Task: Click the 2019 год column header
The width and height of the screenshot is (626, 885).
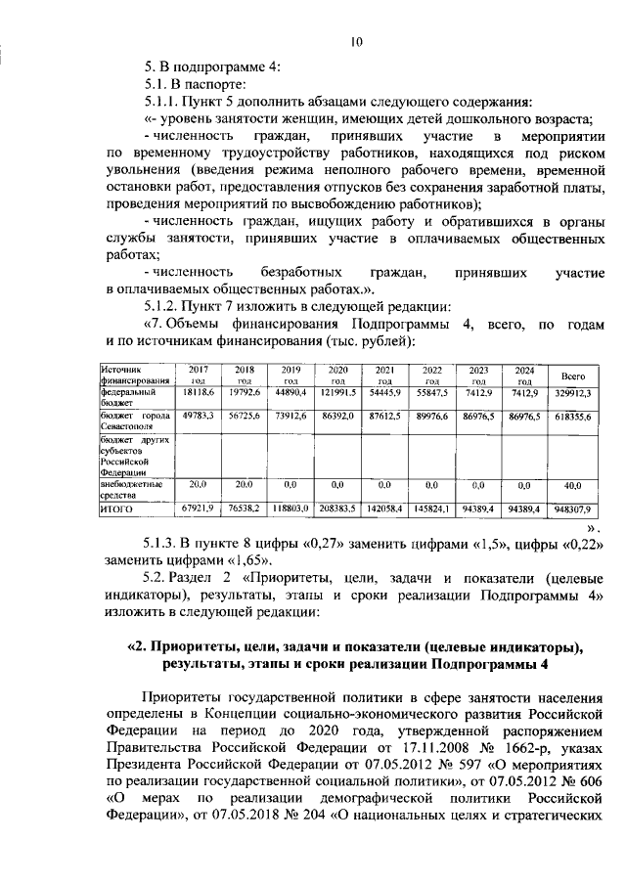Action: tap(290, 375)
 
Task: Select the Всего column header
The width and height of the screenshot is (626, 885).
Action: tap(572, 376)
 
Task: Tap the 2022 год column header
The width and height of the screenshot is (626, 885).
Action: tap(431, 375)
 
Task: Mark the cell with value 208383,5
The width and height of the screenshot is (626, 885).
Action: tap(336, 509)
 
